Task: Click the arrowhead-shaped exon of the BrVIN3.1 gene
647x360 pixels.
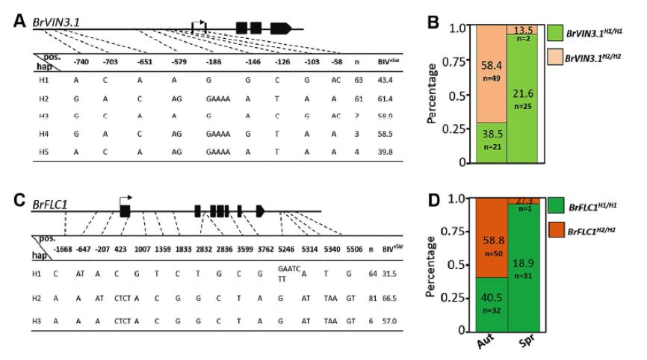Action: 280,28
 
